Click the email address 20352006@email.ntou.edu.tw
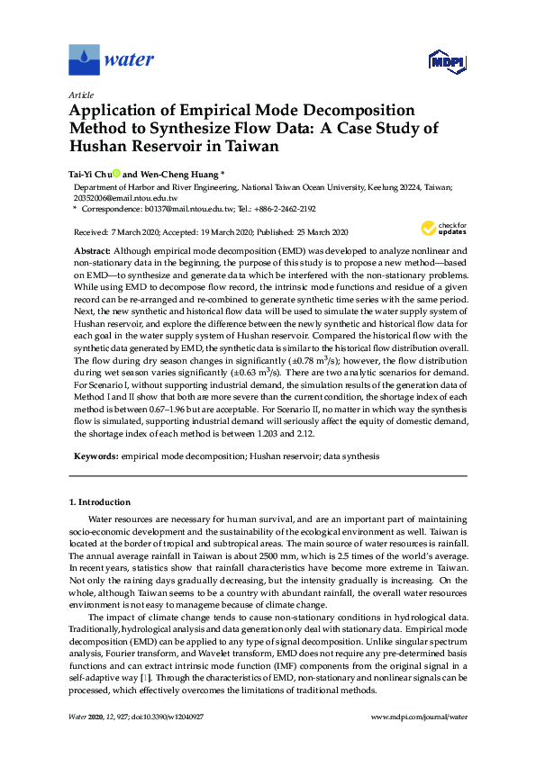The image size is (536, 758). (124, 197)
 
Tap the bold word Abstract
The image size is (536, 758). (91, 249)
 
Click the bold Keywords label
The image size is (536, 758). (95, 456)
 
